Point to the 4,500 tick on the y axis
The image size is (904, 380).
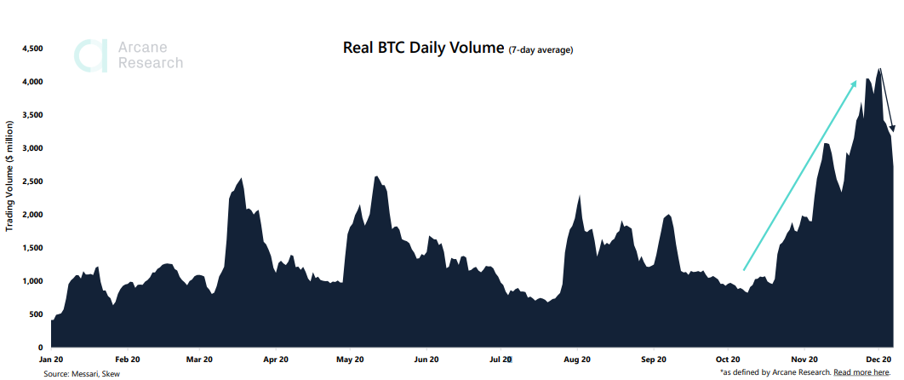(x=31, y=49)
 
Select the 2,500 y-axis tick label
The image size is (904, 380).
(x=31, y=181)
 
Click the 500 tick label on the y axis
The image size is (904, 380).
(x=36, y=314)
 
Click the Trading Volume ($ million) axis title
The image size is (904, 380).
(x=10, y=175)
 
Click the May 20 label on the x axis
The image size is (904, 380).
(x=351, y=360)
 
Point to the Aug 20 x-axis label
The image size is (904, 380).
(x=578, y=360)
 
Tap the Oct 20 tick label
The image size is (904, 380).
(x=729, y=360)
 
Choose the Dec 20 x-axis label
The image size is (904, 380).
(x=879, y=360)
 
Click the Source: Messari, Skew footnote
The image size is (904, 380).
(x=82, y=373)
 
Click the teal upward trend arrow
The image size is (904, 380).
(x=800, y=175)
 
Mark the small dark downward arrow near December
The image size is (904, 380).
(x=887, y=102)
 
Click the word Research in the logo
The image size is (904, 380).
(x=150, y=63)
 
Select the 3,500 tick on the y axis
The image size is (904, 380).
(x=31, y=115)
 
